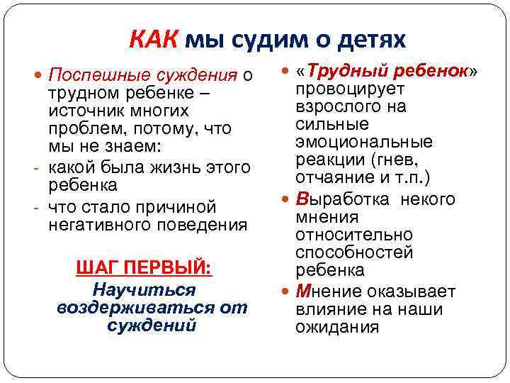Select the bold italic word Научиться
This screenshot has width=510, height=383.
144,290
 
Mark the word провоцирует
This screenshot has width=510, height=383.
350,89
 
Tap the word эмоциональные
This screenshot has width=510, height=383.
364,143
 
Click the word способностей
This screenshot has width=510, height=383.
353,253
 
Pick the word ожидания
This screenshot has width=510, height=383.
337,327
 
